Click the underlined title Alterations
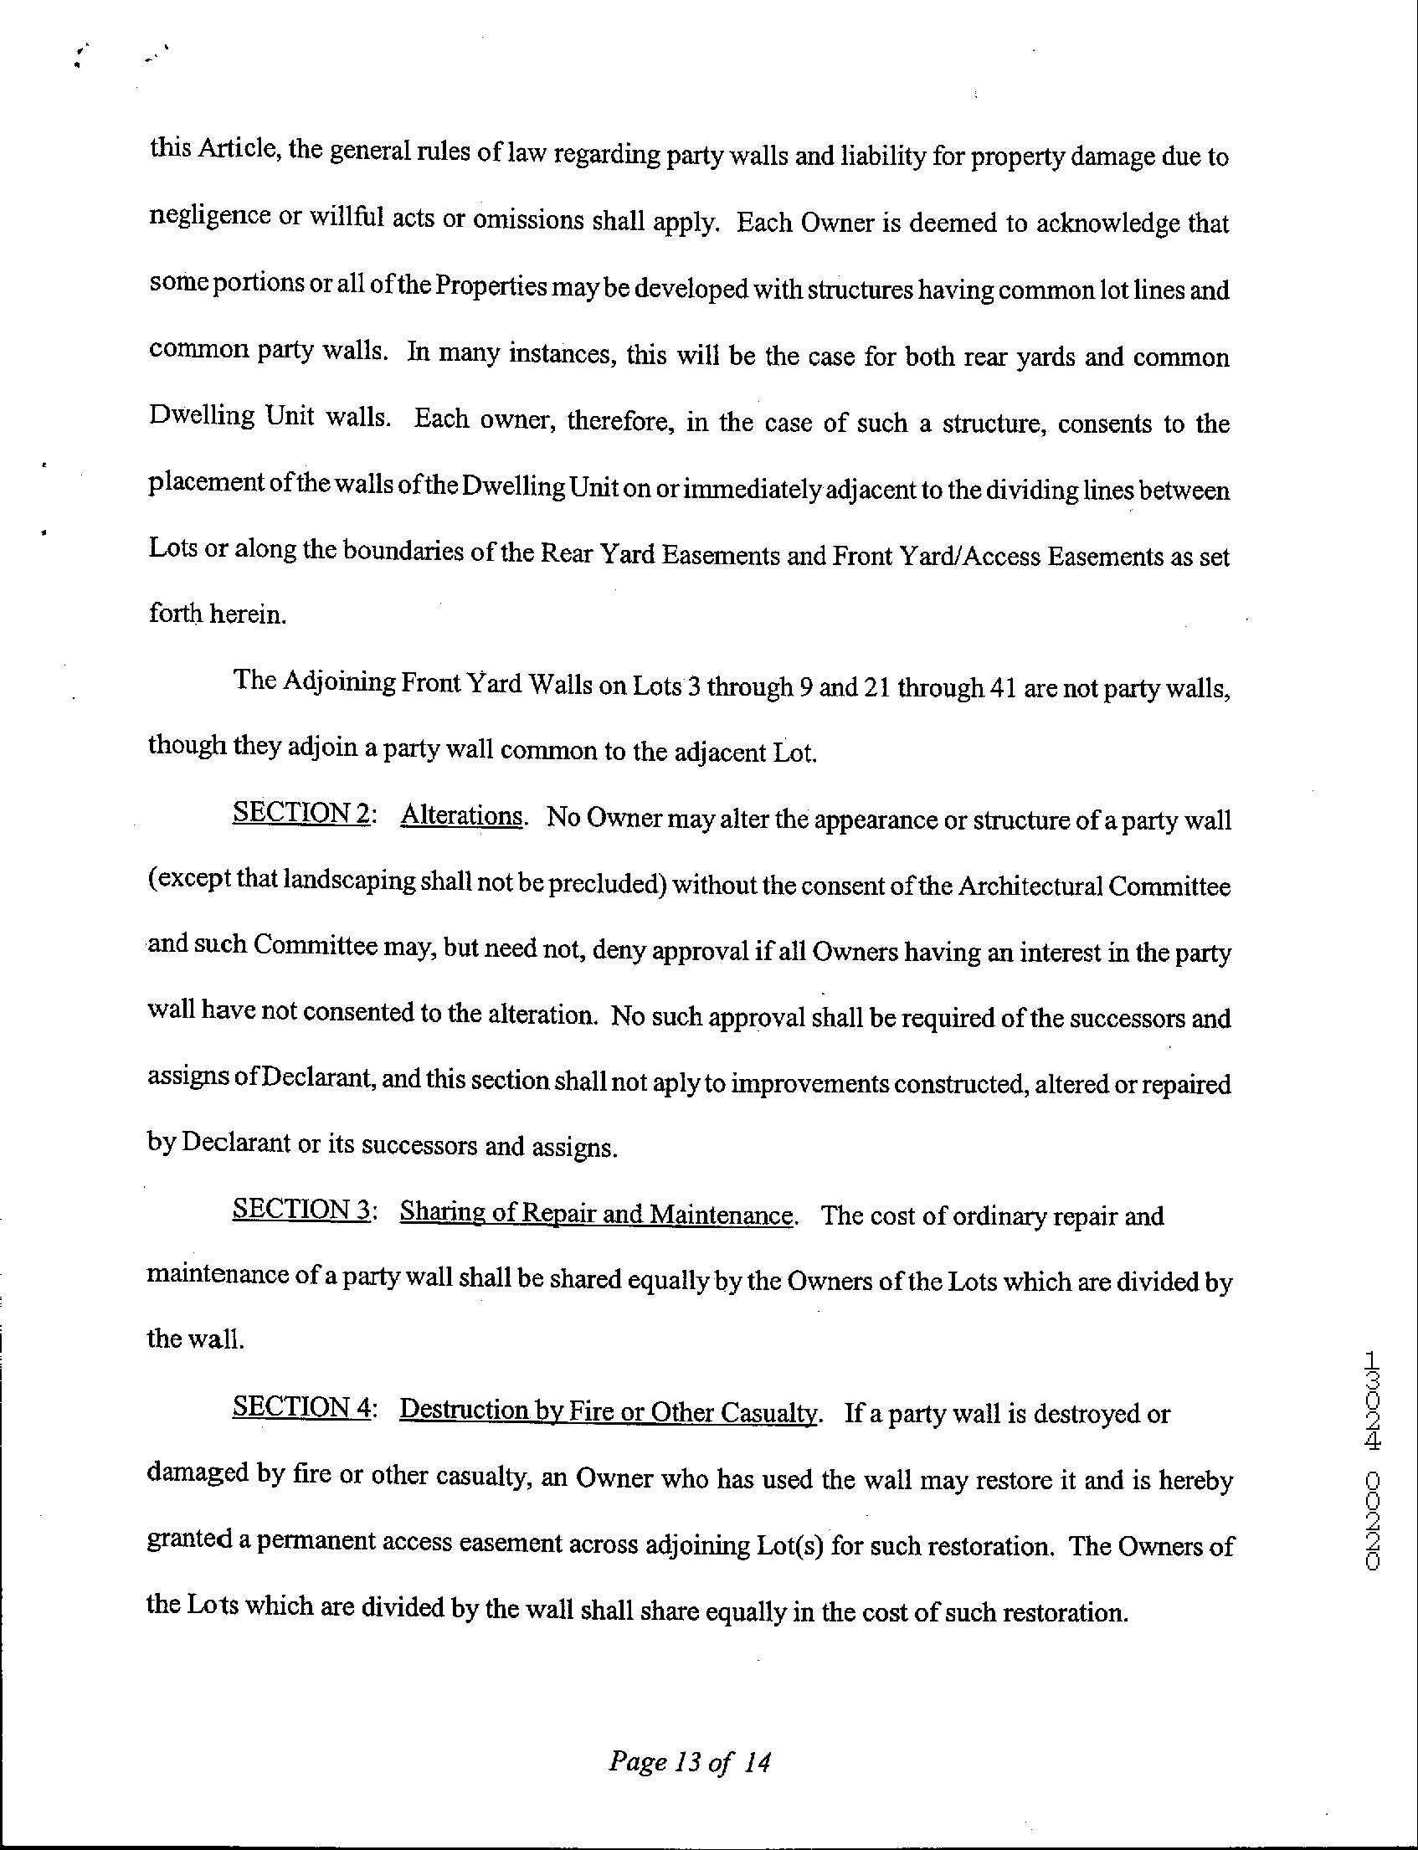click(x=463, y=815)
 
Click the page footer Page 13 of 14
click(x=689, y=1762)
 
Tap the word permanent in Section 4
click(x=313, y=1542)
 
